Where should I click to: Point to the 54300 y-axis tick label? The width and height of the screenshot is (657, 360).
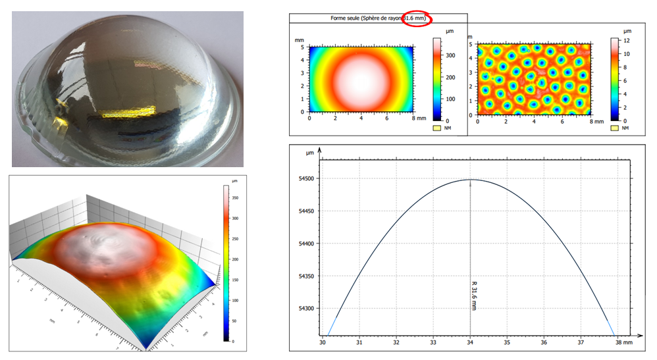pyautogui.click(x=306, y=308)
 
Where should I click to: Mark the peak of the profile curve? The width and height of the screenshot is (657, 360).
pyautogui.click(x=470, y=180)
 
